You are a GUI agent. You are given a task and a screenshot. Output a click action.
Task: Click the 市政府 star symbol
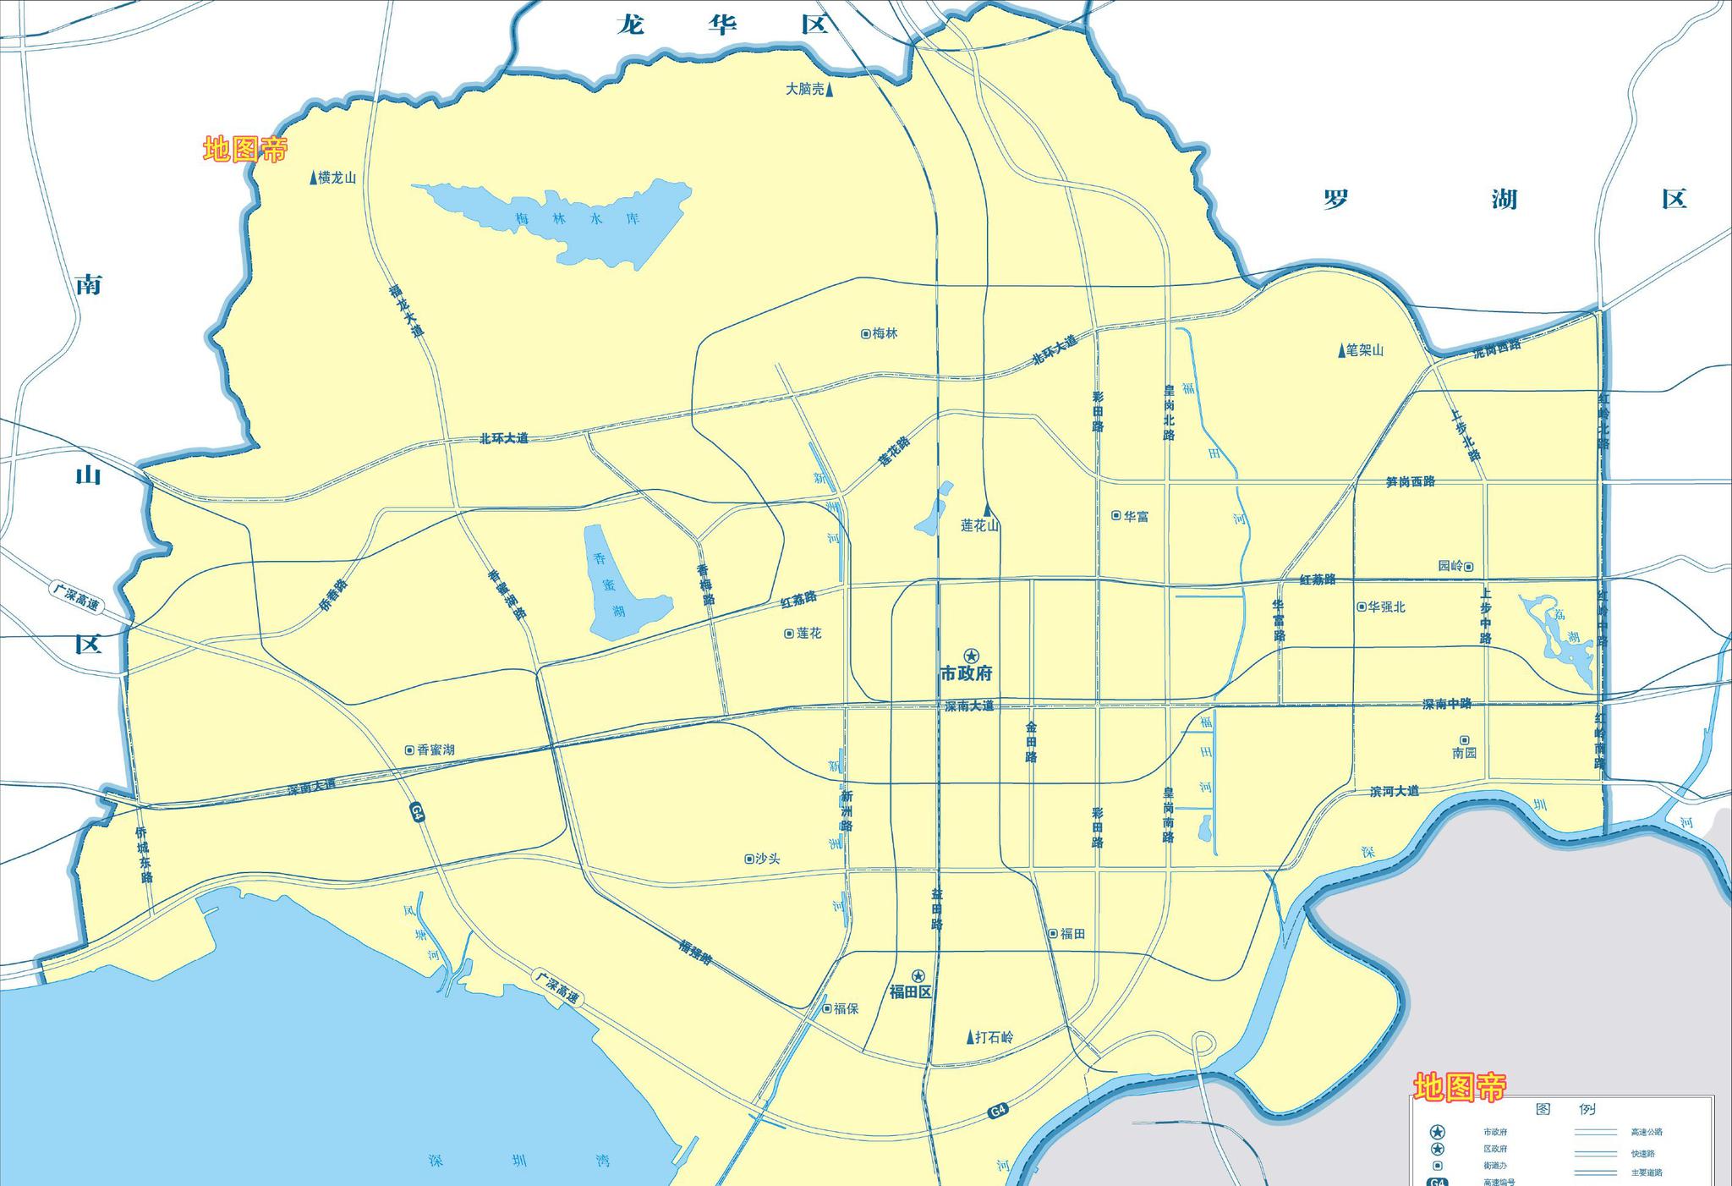(971, 656)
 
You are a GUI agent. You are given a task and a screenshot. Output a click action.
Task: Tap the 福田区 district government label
(910, 991)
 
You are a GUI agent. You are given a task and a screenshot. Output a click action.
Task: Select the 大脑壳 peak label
(804, 89)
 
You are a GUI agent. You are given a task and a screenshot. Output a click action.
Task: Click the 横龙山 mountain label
(337, 178)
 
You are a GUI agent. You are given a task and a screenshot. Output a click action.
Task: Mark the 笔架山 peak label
(1364, 350)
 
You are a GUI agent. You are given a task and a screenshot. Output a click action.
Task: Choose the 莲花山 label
(979, 525)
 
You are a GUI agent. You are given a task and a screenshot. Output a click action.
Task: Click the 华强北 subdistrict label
(1385, 607)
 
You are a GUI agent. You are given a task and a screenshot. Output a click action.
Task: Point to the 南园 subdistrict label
(1464, 752)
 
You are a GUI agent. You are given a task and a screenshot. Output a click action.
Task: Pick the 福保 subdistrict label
(846, 1008)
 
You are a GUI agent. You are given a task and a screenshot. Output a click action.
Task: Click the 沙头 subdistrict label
(767, 859)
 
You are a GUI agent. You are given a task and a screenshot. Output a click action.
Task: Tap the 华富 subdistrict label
(1136, 516)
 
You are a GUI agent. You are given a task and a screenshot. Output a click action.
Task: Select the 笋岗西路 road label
(1410, 481)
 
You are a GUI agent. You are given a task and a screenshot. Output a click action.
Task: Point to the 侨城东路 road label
(144, 854)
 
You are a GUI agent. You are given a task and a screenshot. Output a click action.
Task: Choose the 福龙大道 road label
(406, 311)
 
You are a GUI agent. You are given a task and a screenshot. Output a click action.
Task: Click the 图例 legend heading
(1563, 1109)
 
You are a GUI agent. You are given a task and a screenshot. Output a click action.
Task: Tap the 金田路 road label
(1031, 742)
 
